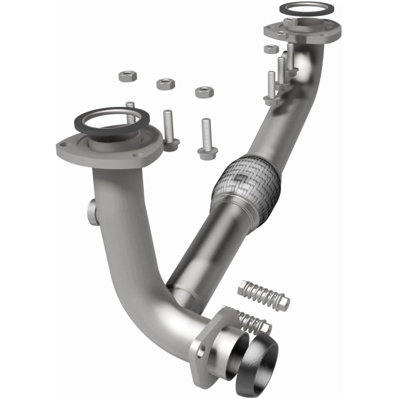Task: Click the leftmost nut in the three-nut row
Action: tap(128, 76)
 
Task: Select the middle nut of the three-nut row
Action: tap(166, 83)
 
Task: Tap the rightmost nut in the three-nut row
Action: tap(204, 92)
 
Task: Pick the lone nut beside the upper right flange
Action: tap(271, 49)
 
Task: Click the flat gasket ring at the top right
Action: tap(306, 8)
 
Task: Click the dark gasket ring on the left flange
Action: tap(112, 120)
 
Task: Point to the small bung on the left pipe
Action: tap(92, 212)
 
